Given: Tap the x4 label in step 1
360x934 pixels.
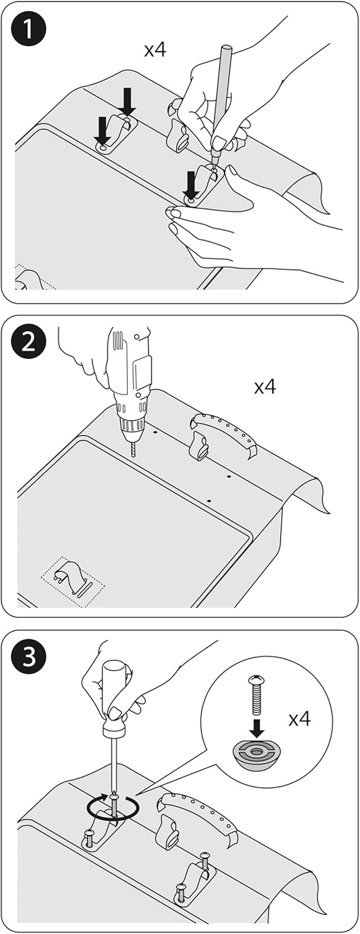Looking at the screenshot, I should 155,50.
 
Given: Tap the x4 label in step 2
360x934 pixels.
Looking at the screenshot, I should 265,386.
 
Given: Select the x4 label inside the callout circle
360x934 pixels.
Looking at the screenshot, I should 299,719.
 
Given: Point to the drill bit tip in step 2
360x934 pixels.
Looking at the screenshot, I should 133,455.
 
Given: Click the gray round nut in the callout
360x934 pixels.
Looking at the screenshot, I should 255,753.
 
